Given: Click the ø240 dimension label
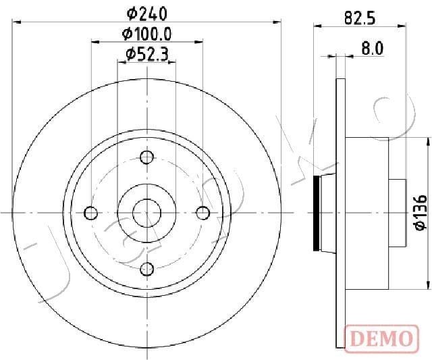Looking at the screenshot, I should [147, 13].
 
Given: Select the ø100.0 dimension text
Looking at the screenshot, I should [146, 33].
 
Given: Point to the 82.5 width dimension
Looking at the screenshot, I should [359, 19].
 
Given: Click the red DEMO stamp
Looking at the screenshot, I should [380, 337].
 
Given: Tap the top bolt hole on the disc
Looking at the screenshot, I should [146, 158].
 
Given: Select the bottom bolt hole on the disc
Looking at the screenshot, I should [146, 269].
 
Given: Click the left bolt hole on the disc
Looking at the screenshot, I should [91, 213].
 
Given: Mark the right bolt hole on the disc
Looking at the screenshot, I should [202, 213].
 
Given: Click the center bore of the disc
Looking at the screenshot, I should [146, 213].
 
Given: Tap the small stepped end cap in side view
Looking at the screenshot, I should [398, 213].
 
